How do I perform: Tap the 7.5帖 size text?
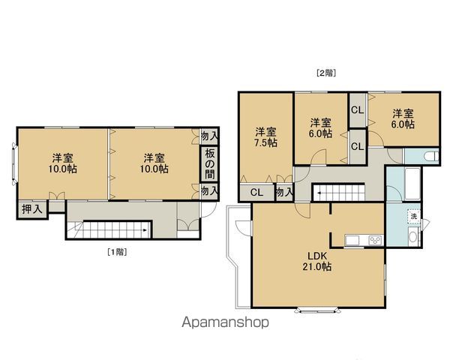pos(265,142)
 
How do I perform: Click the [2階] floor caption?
pos(325,73)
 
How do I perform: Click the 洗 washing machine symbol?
pos(412,217)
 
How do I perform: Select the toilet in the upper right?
pos(430,156)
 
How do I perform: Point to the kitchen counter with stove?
pos(363,240)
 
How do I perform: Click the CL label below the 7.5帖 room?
pos(256,192)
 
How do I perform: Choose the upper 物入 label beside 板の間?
pos(209,136)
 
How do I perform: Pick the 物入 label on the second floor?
pos(283,193)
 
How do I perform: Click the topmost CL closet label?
pos(357,110)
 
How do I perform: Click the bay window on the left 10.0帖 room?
pos(13,163)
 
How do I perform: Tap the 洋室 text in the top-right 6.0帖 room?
pos(403,114)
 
